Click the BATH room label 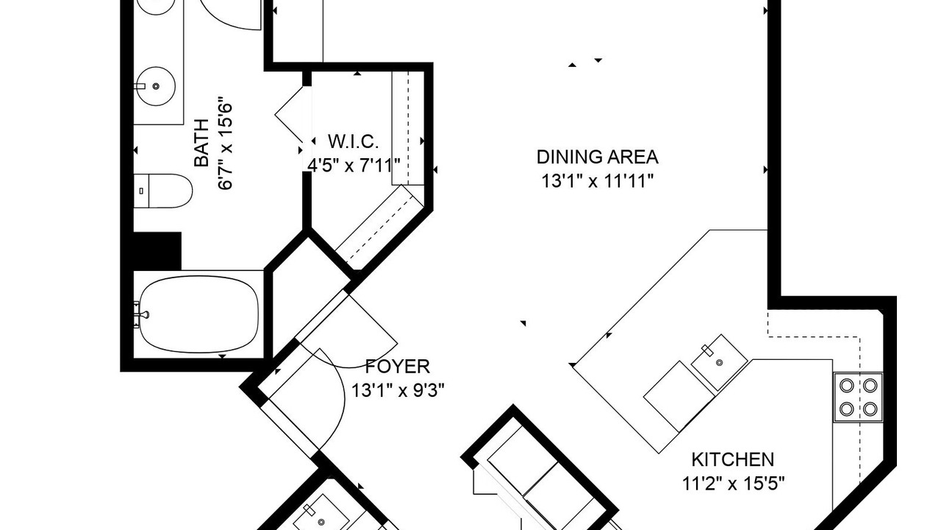coord(201,143)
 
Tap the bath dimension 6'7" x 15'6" coord(225,144)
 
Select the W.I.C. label coord(354,142)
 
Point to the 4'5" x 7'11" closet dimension coord(354,166)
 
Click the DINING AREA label coord(598,157)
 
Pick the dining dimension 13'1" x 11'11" coord(598,181)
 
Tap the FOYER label coord(398,367)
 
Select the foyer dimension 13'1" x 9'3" coord(398,390)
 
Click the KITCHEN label coord(733,459)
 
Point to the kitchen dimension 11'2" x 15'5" coord(733,484)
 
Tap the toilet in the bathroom coord(163,191)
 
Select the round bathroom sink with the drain coord(156,86)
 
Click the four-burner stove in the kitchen coord(858,397)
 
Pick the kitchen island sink coord(719,362)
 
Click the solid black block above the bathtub coord(157,251)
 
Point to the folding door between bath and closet coord(290,114)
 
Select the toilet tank coord(141,191)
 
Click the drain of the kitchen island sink coord(720,362)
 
